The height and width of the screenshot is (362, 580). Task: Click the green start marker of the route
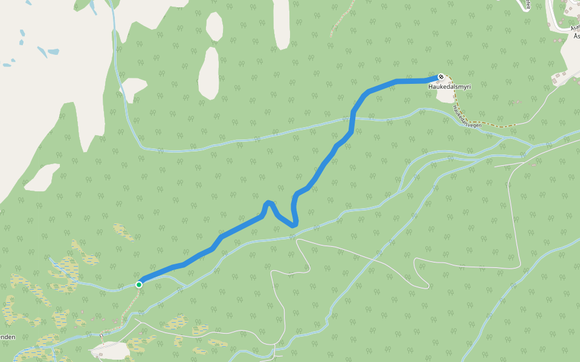[x=139, y=284]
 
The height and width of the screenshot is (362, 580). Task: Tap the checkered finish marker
[x=442, y=77]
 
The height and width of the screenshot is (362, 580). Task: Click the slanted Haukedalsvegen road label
[x=466, y=116]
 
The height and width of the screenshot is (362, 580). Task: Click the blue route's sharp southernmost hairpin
[x=294, y=224]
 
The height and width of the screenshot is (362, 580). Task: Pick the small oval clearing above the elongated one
[x=214, y=27]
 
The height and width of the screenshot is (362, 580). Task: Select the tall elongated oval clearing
[x=209, y=73]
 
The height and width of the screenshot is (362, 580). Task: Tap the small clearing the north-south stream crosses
[x=134, y=89]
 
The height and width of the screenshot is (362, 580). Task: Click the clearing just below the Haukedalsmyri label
[x=445, y=96]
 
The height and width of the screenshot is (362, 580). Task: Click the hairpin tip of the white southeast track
[x=428, y=285]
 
